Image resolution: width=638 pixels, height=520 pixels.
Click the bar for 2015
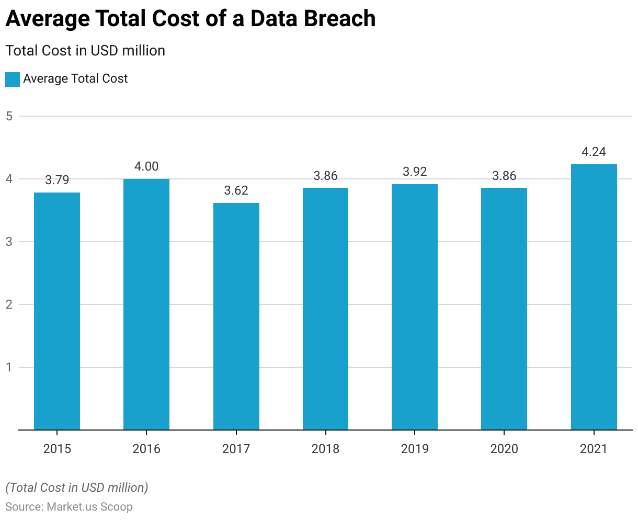[x=57, y=311]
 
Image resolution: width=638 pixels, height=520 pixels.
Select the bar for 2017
[x=236, y=316]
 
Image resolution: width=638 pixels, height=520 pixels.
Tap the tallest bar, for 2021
[x=594, y=297]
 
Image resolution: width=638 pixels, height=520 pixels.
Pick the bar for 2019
[x=415, y=307]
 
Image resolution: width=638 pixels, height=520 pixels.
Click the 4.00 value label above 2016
[x=146, y=167]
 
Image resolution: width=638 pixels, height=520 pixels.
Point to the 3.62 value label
[x=236, y=191]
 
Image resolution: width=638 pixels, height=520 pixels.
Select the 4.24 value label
[x=594, y=152]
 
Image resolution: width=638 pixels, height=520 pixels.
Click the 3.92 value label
[x=415, y=172]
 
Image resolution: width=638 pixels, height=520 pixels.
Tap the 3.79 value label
[x=57, y=180]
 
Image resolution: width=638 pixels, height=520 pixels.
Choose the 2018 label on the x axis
[x=325, y=449]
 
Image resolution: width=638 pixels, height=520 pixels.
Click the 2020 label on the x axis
[x=504, y=449]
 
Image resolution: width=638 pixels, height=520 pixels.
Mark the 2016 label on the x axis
[x=146, y=449]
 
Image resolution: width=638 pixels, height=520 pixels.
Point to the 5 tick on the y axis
[x=9, y=116]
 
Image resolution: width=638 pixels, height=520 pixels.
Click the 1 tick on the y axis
[x=9, y=367]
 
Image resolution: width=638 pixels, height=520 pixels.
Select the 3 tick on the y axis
[x=9, y=242]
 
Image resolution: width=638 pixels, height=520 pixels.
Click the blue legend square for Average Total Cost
[x=13, y=80]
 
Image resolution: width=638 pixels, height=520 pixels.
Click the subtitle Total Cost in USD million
[x=85, y=51]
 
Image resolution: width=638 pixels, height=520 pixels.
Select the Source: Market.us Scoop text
[x=69, y=507]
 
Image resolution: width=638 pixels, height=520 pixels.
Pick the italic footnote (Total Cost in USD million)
[x=77, y=488]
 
